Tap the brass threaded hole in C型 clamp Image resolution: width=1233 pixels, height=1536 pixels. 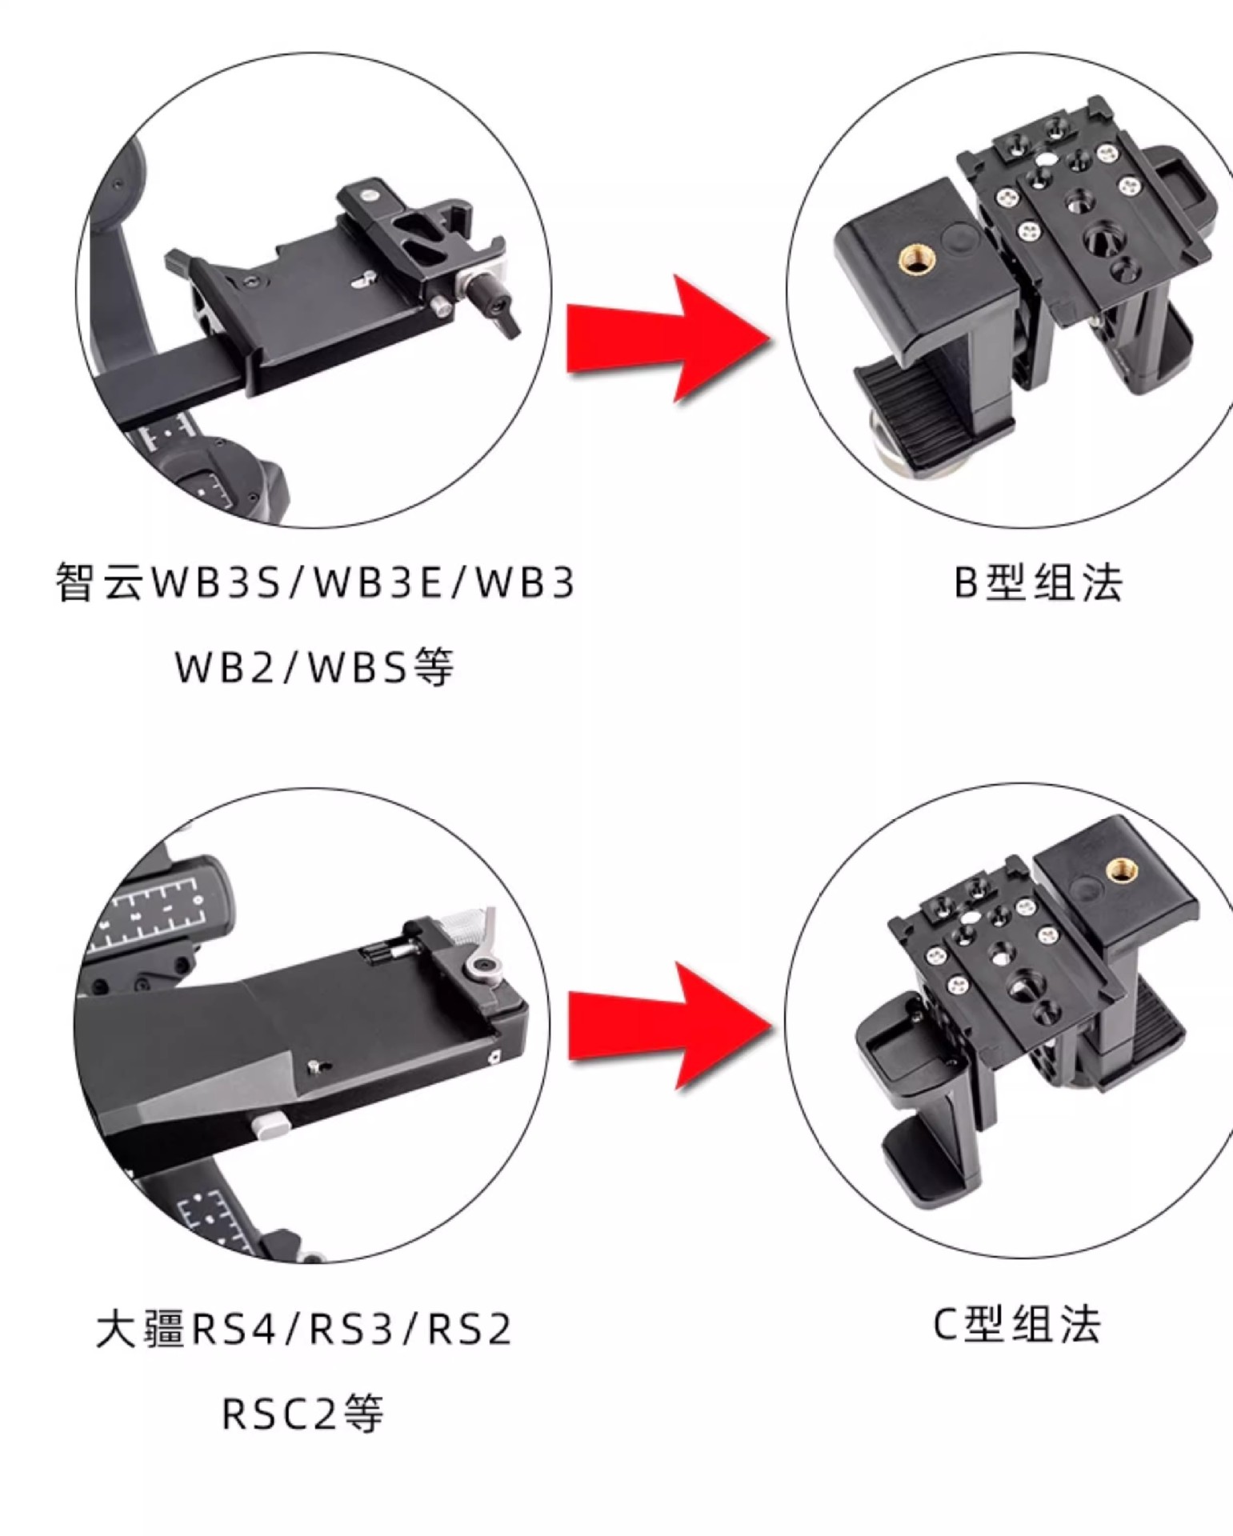coord(1117,869)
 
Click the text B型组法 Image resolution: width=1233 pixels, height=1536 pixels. coord(1038,582)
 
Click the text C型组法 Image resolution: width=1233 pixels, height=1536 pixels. coord(1017,1325)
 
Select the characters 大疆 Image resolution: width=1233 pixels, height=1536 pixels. coord(141,1329)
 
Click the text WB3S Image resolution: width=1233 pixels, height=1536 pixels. coord(216,582)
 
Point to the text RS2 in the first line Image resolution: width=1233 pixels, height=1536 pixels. coord(470,1329)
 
